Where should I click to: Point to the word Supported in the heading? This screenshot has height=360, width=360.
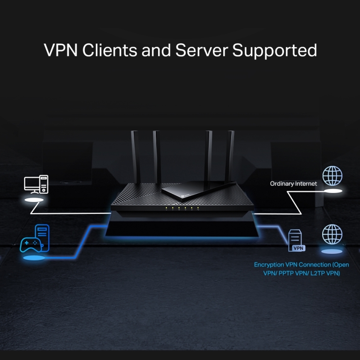pyautogui.click(x=274, y=51)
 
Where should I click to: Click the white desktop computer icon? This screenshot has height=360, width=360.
pyautogui.click(x=36, y=184)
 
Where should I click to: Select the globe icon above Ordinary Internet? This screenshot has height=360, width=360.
pyautogui.click(x=333, y=176)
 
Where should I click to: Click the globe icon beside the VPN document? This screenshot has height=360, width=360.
pyautogui.click(x=333, y=234)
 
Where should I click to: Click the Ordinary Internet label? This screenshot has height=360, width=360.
pyautogui.click(x=293, y=183)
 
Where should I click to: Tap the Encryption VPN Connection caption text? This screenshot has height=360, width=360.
pyautogui.click(x=302, y=269)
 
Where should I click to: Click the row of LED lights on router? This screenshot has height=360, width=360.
pyautogui.click(x=182, y=207)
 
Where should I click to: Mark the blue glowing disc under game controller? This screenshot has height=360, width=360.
pyautogui.click(x=34, y=258)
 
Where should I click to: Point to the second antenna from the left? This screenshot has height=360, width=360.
pyautogui.click(x=157, y=158)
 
